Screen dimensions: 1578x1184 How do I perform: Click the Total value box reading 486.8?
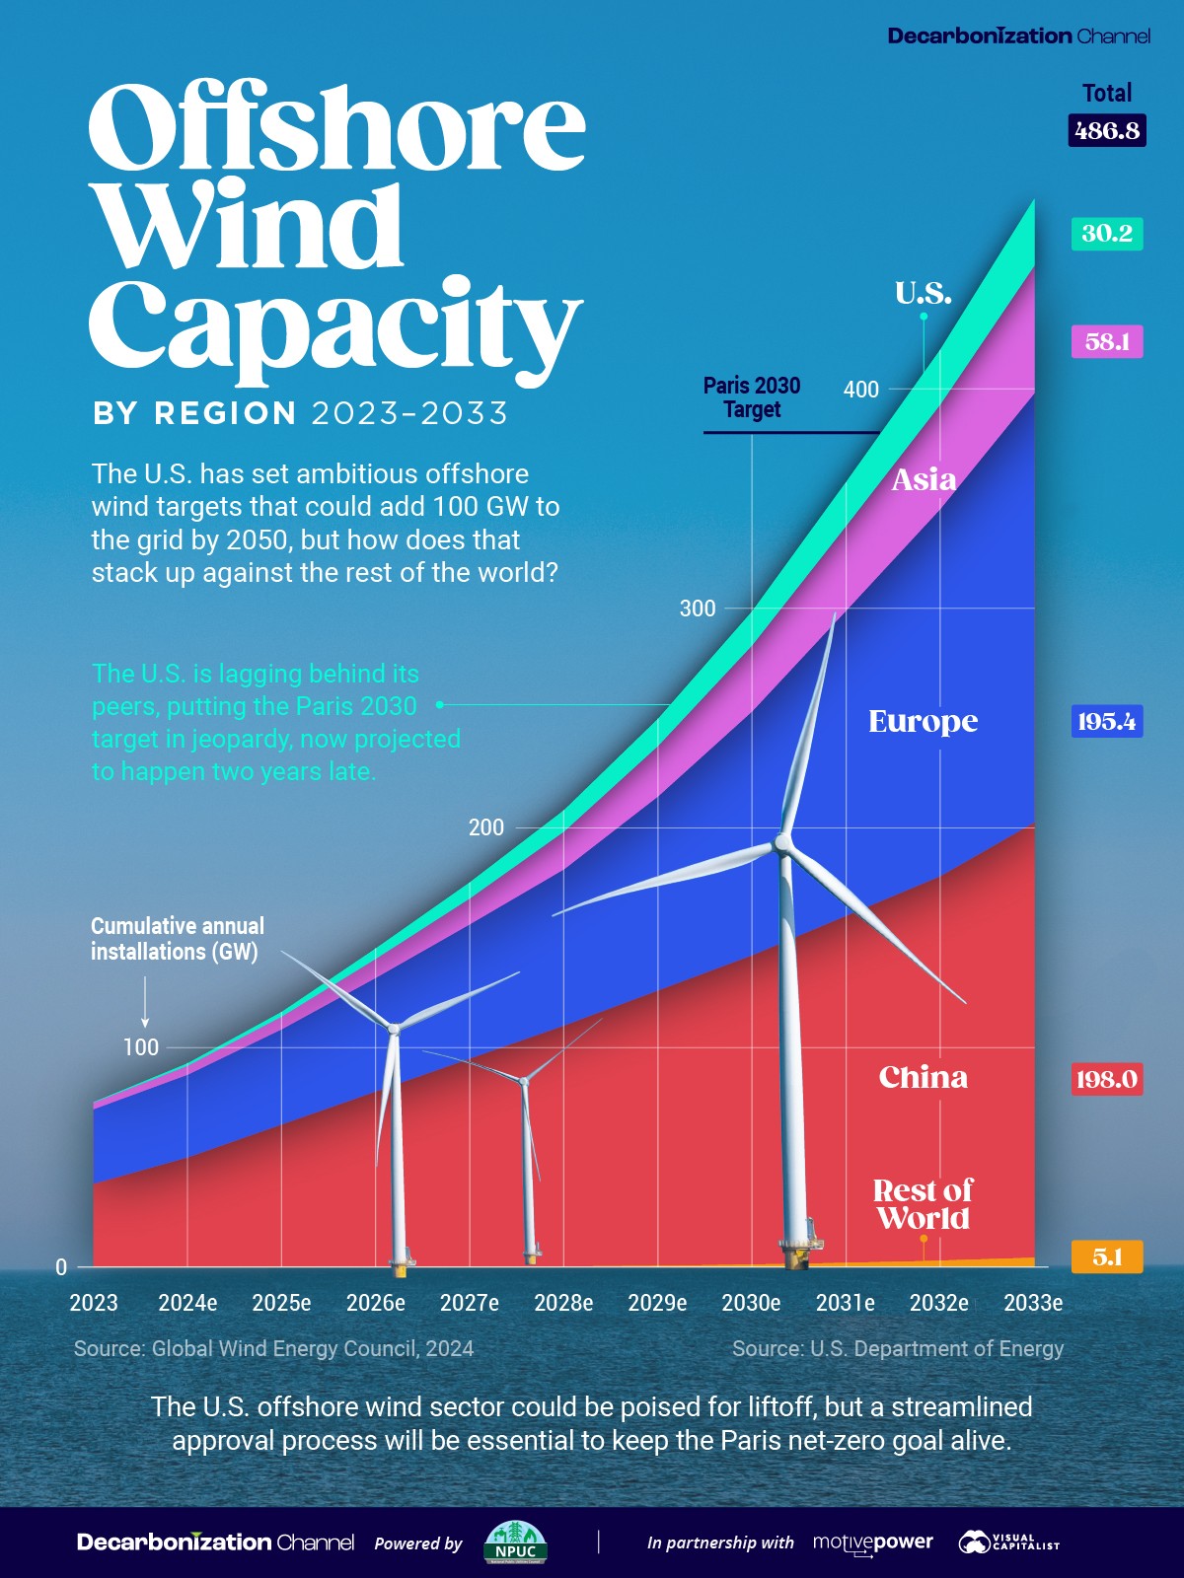pyautogui.click(x=1107, y=130)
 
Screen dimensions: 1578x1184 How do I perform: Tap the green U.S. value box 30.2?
pyautogui.click(x=1107, y=234)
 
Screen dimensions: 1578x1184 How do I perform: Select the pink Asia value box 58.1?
pyautogui.click(x=1107, y=342)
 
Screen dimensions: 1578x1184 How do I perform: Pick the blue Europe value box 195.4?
pyautogui.click(x=1107, y=722)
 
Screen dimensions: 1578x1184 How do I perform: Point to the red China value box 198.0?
pyautogui.click(x=1107, y=1079)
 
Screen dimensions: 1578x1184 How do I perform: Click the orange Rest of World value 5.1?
pyautogui.click(x=1107, y=1257)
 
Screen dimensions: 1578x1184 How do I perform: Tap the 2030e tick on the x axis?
pyautogui.click(x=751, y=1303)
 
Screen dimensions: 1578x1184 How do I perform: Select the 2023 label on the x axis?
pyautogui.click(x=94, y=1303)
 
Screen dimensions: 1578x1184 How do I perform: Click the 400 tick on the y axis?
pyautogui.click(x=860, y=390)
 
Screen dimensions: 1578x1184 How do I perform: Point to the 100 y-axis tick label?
pyautogui.click(x=140, y=1047)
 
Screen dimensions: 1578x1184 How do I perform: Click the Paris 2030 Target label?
pyautogui.click(x=752, y=397)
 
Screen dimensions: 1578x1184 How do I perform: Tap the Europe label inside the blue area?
pyautogui.click(x=923, y=722)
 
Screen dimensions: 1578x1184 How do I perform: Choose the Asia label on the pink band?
pyautogui.click(x=924, y=480)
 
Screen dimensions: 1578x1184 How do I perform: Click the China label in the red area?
pyautogui.click(x=923, y=1077)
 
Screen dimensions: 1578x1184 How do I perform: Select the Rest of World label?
pyautogui.click(x=923, y=1204)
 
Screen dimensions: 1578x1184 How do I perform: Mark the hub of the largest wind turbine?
pyautogui.click(x=783, y=843)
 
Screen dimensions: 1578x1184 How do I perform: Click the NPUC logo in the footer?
pyautogui.click(x=515, y=1542)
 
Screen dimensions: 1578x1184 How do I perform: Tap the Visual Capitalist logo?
pyautogui.click(x=1007, y=1542)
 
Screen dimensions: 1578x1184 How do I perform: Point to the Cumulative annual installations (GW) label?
pyautogui.click(x=178, y=939)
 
